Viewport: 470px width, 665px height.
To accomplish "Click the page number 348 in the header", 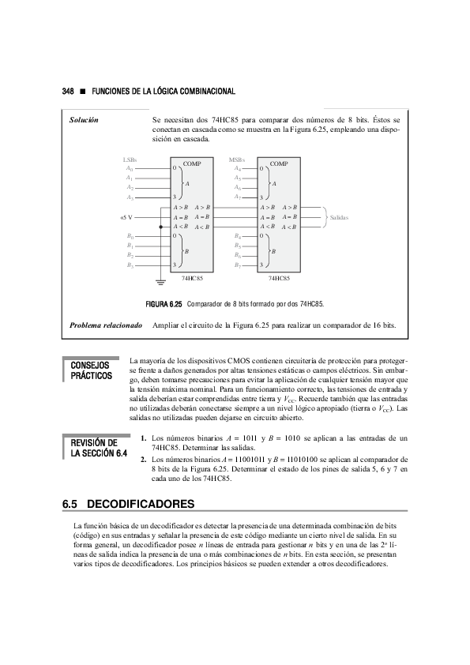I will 68,91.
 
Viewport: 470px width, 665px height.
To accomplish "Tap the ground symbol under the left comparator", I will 160,279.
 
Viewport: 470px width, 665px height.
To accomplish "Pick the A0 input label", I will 130,168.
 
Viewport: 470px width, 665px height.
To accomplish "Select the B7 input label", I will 238,265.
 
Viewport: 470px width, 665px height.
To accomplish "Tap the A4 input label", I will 238,168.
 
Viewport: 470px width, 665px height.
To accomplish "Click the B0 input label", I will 130,236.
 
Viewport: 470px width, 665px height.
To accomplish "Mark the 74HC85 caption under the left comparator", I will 191,279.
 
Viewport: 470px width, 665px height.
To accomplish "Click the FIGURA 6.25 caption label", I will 164,303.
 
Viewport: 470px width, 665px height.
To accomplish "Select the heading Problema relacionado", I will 105,325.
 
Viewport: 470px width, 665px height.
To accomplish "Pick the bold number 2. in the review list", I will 142,458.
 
